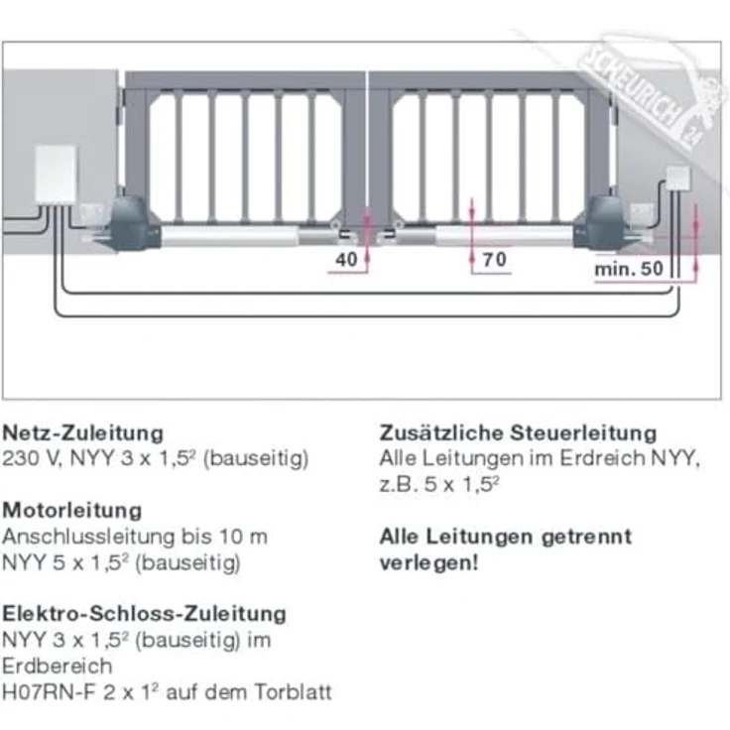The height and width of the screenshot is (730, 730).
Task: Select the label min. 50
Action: click(x=628, y=270)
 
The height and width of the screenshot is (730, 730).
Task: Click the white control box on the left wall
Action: click(x=56, y=176)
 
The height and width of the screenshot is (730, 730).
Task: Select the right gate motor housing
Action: click(x=606, y=221)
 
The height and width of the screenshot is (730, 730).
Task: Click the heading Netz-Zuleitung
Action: click(x=83, y=433)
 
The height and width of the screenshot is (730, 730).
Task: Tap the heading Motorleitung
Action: click(x=72, y=511)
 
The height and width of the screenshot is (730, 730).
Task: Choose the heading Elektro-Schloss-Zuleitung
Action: click(x=145, y=614)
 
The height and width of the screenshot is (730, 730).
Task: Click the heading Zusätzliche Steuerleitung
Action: click(x=518, y=433)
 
